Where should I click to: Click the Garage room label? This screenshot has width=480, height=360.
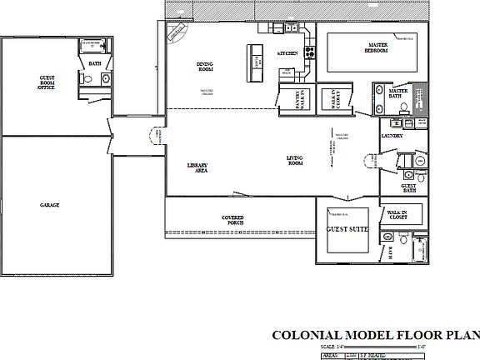pyautogui.click(x=49, y=204)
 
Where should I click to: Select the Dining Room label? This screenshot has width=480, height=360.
pyautogui.click(x=206, y=67)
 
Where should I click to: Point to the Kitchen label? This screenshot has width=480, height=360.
pyautogui.click(x=287, y=53)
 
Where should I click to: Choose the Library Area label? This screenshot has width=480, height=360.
pyautogui.click(x=197, y=167)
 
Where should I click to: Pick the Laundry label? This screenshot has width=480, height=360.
pyautogui.click(x=392, y=135)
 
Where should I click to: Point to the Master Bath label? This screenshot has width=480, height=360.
pyautogui.click(x=398, y=92)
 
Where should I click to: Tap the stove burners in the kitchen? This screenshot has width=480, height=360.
pyautogui.click(x=309, y=50)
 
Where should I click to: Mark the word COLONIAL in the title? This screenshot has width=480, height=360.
pyautogui.click(x=306, y=336)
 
